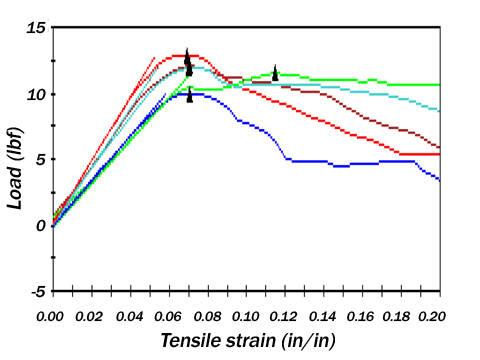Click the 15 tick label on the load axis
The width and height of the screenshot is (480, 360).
[x=36, y=27]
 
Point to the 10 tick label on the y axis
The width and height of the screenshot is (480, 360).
[x=36, y=93]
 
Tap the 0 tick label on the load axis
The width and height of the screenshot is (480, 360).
[x=40, y=225]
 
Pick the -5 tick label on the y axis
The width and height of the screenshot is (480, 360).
[x=36, y=291]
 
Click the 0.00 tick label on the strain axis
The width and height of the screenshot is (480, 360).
[x=51, y=316]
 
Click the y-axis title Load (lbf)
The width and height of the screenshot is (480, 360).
[x=15, y=159]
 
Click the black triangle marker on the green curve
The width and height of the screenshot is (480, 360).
[x=275, y=73]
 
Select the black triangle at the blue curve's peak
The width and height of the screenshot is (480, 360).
[x=190, y=96]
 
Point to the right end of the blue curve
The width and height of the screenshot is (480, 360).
[x=439, y=179]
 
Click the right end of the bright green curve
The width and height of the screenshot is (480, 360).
[x=439, y=85]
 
